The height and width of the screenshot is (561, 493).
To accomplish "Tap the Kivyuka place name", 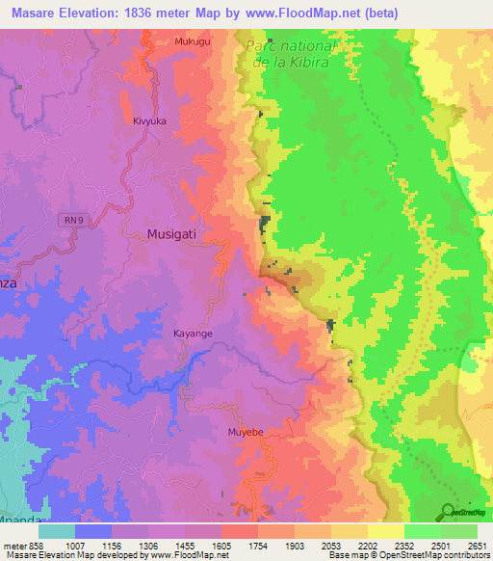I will point(151,121).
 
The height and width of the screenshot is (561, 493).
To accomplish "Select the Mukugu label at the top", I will point(192,41).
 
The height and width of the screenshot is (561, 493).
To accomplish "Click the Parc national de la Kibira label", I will point(289,54).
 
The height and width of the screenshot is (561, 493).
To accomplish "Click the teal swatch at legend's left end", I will point(57,530).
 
